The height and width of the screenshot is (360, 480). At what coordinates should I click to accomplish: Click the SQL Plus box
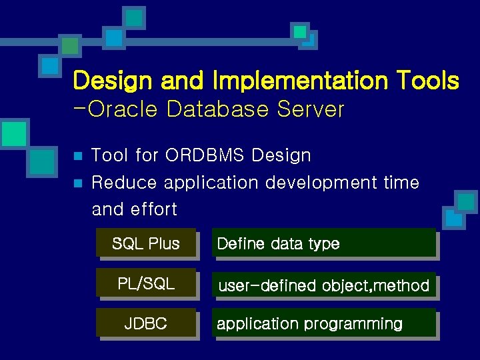click(x=146, y=243)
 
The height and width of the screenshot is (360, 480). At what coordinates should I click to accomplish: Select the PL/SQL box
click(x=146, y=283)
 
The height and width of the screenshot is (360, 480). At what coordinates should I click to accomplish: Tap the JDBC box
click(x=146, y=323)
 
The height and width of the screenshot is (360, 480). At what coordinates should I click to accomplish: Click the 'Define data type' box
click(x=324, y=243)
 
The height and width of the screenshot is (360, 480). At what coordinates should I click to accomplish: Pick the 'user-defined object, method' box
click(x=324, y=285)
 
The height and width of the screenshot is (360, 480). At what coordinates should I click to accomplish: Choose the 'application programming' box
click(x=324, y=324)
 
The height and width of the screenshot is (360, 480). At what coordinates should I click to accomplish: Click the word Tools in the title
click(x=427, y=81)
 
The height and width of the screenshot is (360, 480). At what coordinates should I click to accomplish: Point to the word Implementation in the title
click(x=300, y=81)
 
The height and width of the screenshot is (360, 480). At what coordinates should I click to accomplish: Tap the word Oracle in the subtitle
click(x=123, y=109)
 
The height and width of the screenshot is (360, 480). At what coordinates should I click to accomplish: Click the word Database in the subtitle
click(x=220, y=109)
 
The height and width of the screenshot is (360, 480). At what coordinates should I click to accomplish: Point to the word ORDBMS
click(x=206, y=155)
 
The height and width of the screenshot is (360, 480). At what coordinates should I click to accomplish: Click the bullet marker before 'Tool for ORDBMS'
click(x=77, y=156)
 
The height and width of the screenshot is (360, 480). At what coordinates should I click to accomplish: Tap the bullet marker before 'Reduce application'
click(x=77, y=183)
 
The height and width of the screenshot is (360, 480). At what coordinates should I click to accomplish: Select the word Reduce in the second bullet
click(x=125, y=182)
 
